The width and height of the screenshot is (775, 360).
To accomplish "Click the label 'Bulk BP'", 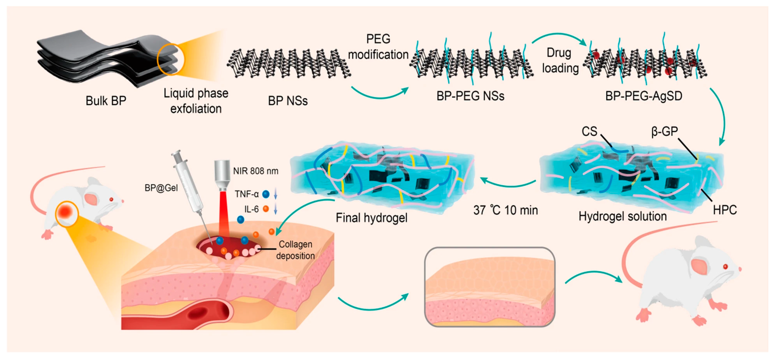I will pyautogui.click(x=106, y=101).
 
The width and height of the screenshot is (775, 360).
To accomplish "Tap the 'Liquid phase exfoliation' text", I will pyautogui.click(x=196, y=101).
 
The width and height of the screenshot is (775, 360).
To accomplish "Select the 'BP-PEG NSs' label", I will pyautogui.click(x=470, y=96).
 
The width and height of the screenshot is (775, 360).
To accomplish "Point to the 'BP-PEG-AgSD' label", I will pyautogui.click(x=644, y=96).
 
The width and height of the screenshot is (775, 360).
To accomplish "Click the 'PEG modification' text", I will pyautogui.click(x=378, y=47).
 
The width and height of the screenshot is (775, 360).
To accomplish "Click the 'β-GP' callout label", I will pyautogui.click(x=664, y=132).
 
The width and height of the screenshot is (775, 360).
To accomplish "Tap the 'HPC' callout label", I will pyautogui.click(x=725, y=210).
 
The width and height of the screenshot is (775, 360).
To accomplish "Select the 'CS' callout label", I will pyautogui.click(x=589, y=131).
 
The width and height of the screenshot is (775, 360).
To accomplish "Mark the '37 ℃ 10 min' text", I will pyautogui.click(x=506, y=210).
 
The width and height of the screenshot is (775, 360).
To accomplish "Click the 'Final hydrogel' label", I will pyautogui.click(x=371, y=218).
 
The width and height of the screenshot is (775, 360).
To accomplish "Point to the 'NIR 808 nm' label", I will pyautogui.click(x=256, y=171).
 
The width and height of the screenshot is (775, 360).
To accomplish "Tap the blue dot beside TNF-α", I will pyautogui.click(x=266, y=194).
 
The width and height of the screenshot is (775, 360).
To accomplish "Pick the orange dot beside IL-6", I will pyautogui.click(x=266, y=209).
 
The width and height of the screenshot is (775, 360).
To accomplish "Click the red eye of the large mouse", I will pyautogui.click(x=725, y=267).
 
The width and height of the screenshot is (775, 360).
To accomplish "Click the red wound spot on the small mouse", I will pyautogui.click(x=66, y=213).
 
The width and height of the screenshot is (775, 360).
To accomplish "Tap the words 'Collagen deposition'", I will pyautogui.click(x=295, y=250).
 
